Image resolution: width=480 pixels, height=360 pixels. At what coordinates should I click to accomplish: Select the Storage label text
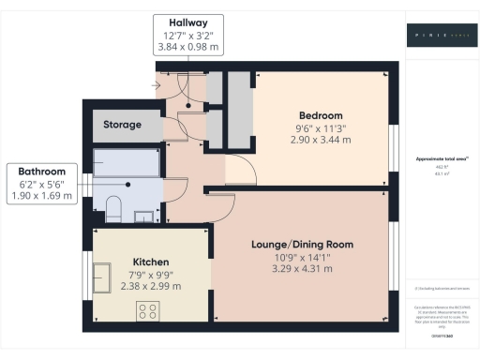point(123,125)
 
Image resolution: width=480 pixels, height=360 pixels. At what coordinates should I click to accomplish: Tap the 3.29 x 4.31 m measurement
point(301,269)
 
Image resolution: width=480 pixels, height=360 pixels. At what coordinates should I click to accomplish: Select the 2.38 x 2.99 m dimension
point(150,287)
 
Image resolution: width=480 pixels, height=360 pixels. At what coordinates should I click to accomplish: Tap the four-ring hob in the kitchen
point(148,312)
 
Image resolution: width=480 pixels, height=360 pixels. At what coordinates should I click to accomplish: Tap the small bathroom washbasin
point(143,217)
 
